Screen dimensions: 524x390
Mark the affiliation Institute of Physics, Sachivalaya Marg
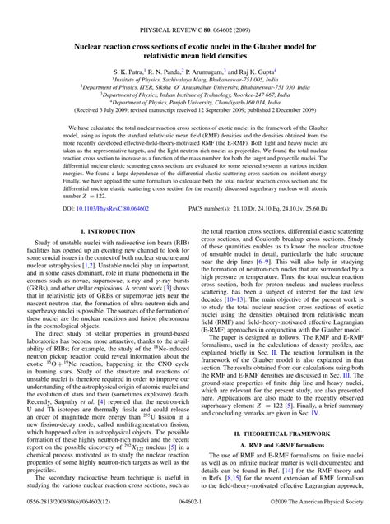click(x=195, y=81)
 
